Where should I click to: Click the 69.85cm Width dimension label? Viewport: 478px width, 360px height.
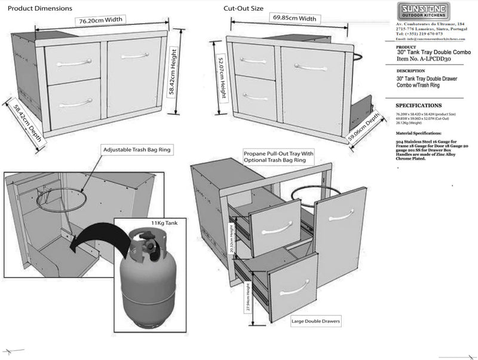pyautogui.click(x=295, y=19)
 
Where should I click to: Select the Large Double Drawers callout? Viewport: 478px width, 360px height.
pyautogui.click(x=316, y=322)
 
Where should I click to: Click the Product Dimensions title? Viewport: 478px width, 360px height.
pyautogui.click(x=40, y=9)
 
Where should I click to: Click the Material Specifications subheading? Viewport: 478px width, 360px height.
pyautogui.click(x=418, y=133)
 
